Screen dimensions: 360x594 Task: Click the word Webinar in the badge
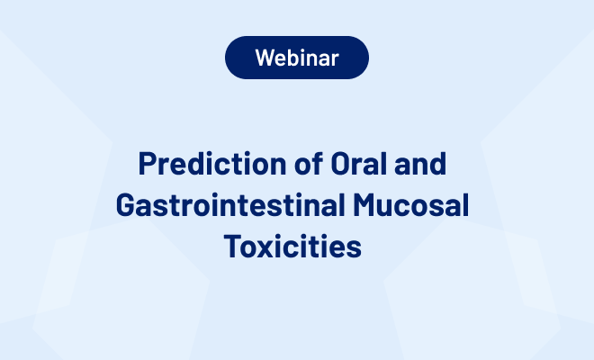point(297,58)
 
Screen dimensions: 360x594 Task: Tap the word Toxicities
point(297,245)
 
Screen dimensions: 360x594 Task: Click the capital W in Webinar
point(265,58)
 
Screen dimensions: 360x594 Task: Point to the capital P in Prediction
point(147,166)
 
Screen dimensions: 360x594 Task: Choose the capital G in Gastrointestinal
point(126,205)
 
